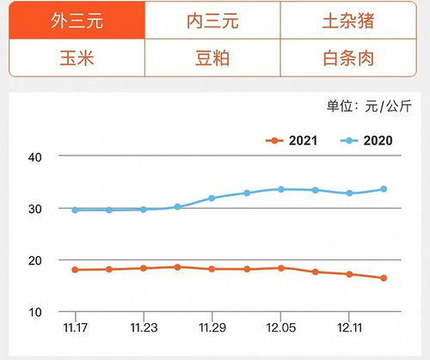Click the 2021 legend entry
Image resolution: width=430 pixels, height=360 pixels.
click(296, 140)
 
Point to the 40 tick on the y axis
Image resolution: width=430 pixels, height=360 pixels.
click(35, 156)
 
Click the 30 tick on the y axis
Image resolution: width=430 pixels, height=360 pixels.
click(35, 208)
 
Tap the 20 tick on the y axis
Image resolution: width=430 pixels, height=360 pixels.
click(35, 259)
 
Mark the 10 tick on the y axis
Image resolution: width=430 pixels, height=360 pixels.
click(35, 311)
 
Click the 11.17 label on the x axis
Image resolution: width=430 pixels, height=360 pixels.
click(75, 327)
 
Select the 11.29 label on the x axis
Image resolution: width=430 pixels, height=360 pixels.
click(212, 327)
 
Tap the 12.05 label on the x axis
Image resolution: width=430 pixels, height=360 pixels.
click(280, 327)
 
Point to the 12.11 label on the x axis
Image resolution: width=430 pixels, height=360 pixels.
click(348, 327)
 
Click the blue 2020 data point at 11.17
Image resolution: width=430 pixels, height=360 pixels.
click(75, 210)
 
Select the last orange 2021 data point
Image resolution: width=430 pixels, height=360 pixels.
click(384, 278)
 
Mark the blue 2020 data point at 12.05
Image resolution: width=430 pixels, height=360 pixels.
click(280, 189)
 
